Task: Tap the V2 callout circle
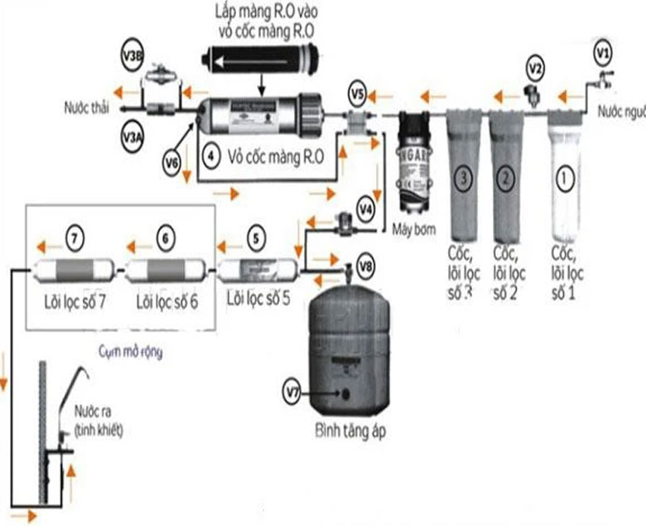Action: pyautogui.click(x=536, y=67)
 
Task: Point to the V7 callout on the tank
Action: pyautogui.click(x=292, y=389)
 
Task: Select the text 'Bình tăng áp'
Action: pyautogui.click(x=350, y=432)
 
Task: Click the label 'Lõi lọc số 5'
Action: pyautogui.click(x=258, y=298)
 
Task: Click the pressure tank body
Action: pyautogui.click(x=349, y=331)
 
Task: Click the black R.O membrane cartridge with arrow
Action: pyautogui.click(x=260, y=60)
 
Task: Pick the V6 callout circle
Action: pyautogui.click(x=171, y=164)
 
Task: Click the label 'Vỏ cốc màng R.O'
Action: pyautogui.click(x=274, y=155)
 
